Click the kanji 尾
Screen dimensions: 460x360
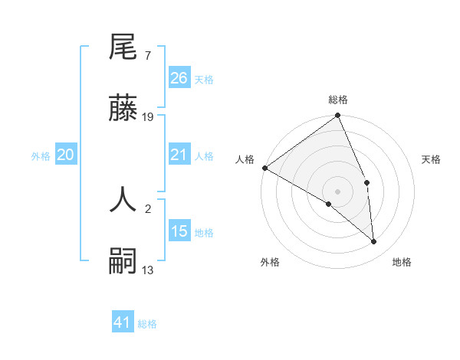pos(123,49)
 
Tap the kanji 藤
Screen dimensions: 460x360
pos(123,110)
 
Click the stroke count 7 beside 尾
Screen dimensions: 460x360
pos(147,56)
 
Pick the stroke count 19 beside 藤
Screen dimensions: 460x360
pos(148,117)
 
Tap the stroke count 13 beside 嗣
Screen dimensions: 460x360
pos(148,269)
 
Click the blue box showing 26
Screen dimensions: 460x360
pos(179,77)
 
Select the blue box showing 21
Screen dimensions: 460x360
pos(179,155)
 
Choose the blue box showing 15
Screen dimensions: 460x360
pos(179,231)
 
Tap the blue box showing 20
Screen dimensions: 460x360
pos(66,155)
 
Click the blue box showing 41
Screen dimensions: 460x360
pos(123,322)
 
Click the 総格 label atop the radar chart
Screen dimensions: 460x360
pos(338,100)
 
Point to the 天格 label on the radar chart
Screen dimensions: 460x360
pos(432,159)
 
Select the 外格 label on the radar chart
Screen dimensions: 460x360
pos(270,262)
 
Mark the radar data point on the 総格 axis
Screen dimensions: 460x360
pos(338,116)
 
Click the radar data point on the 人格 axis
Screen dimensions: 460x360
pos(264,168)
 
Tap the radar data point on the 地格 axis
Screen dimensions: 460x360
pos(374,241)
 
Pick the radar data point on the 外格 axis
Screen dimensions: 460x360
pos(329,204)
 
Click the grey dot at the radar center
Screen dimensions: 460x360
pos(338,191)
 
